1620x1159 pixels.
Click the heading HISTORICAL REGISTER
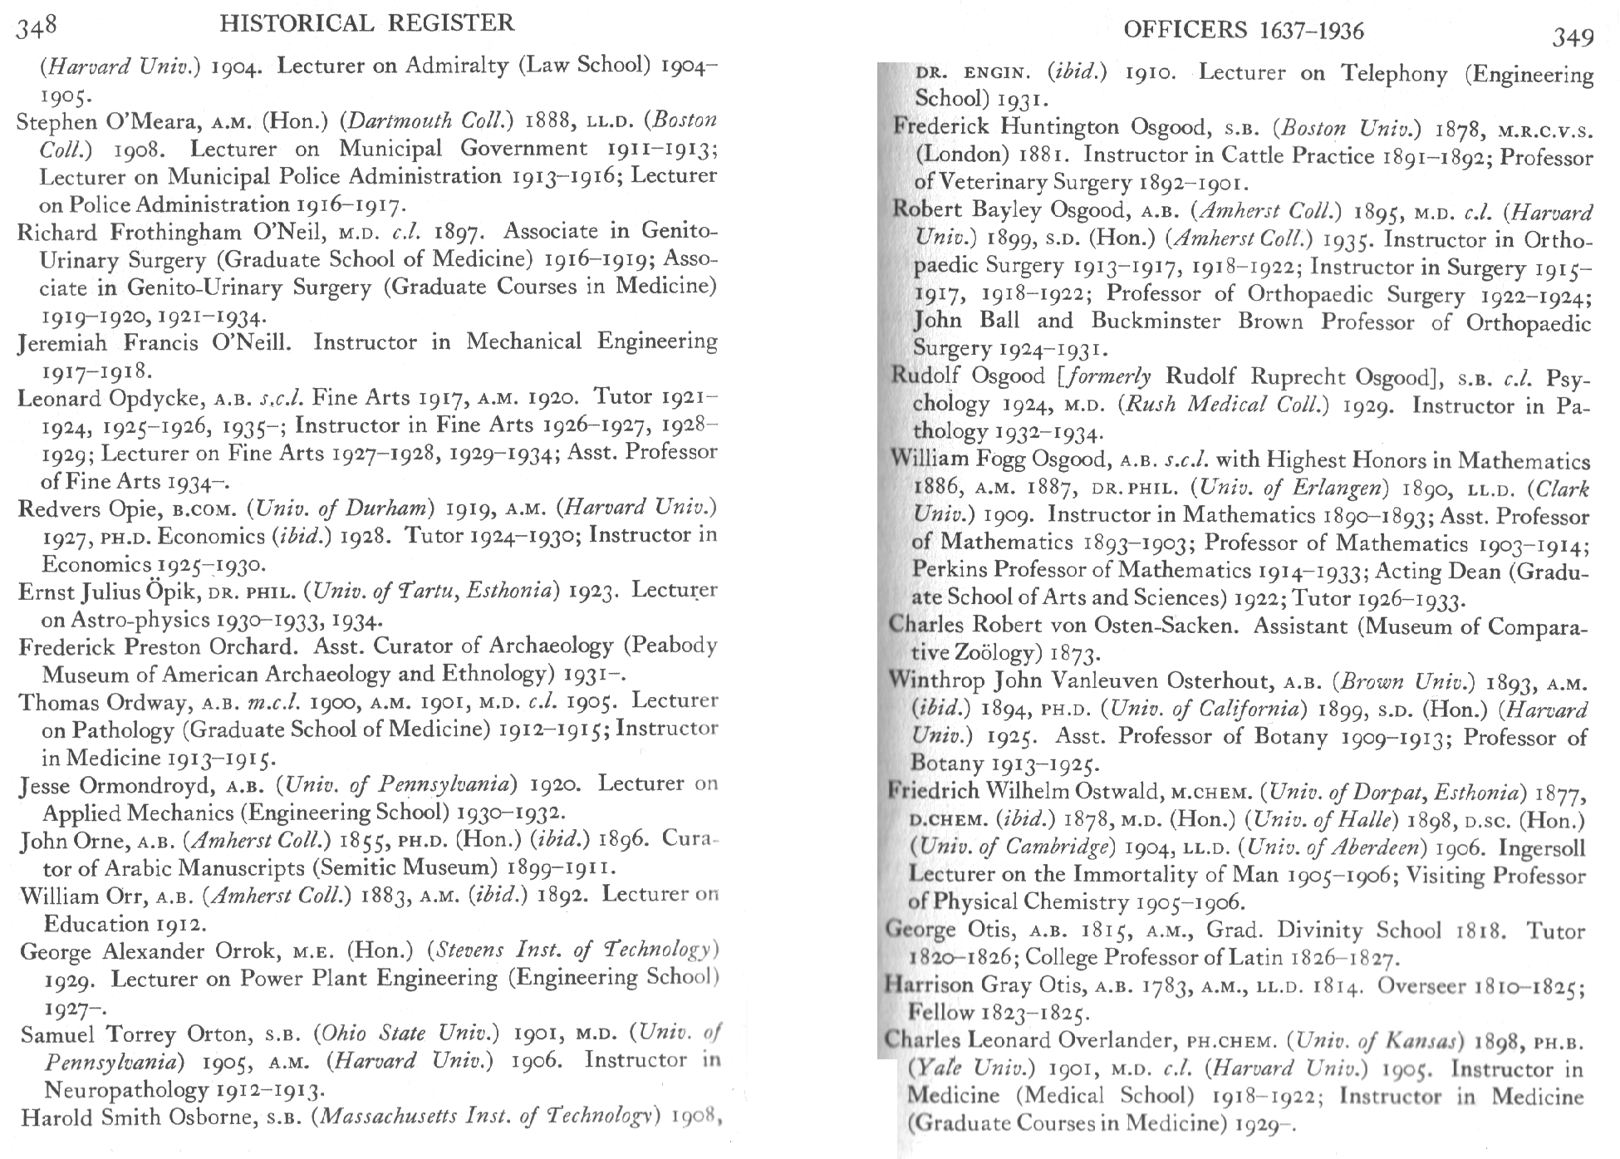click(x=367, y=22)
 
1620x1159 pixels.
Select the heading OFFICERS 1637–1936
click(x=1243, y=31)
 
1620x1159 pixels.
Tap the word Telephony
click(x=1395, y=74)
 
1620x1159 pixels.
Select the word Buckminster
click(x=1156, y=322)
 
